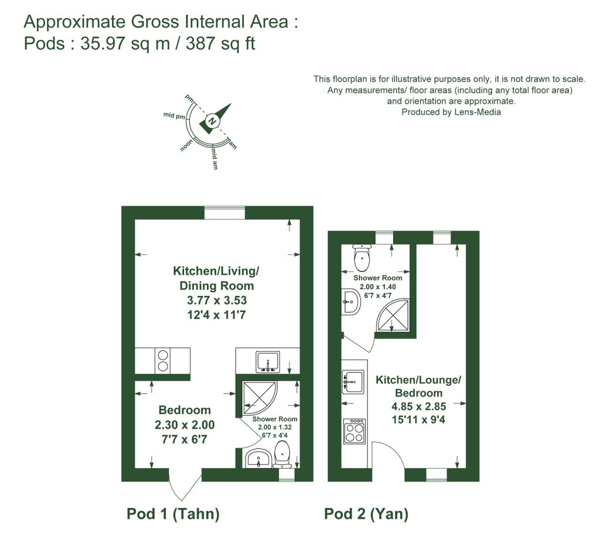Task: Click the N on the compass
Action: [x=213, y=121]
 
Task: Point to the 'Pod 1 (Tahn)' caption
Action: [x=173, y=514]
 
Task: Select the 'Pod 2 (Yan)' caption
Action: [x=366, y=514]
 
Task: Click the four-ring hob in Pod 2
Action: [x=354, y=432]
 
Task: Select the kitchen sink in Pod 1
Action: [x=268, y=362]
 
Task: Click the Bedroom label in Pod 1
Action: [x=185, y=410]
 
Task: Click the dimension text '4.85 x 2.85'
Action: [x=418, y=407]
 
